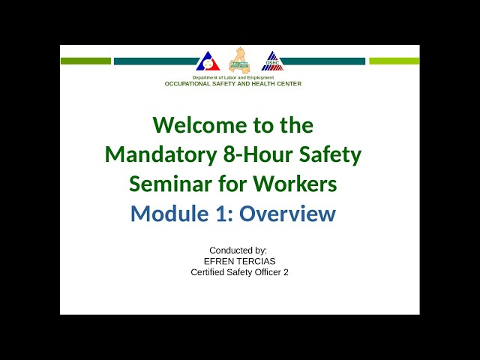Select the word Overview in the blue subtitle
pyautogui.click(x=288, y=214)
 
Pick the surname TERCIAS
pyautogui.click(x=257, y=261)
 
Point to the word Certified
pyautogui.click(x=211, y=272)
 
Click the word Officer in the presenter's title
pyautogui.click(x=265, y=272)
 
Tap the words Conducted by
pyautogui.click(x=238, y=250)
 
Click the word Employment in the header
pyautogui.click(x=257, y=78)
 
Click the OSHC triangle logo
pyautogui.click(x=272, y=61)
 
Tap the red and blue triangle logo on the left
pyautogui.click(x=208, y=61)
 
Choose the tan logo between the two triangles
pyautogui.click(x=240, y=61)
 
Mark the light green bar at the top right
pyautogui.click(x=394, y=61)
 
